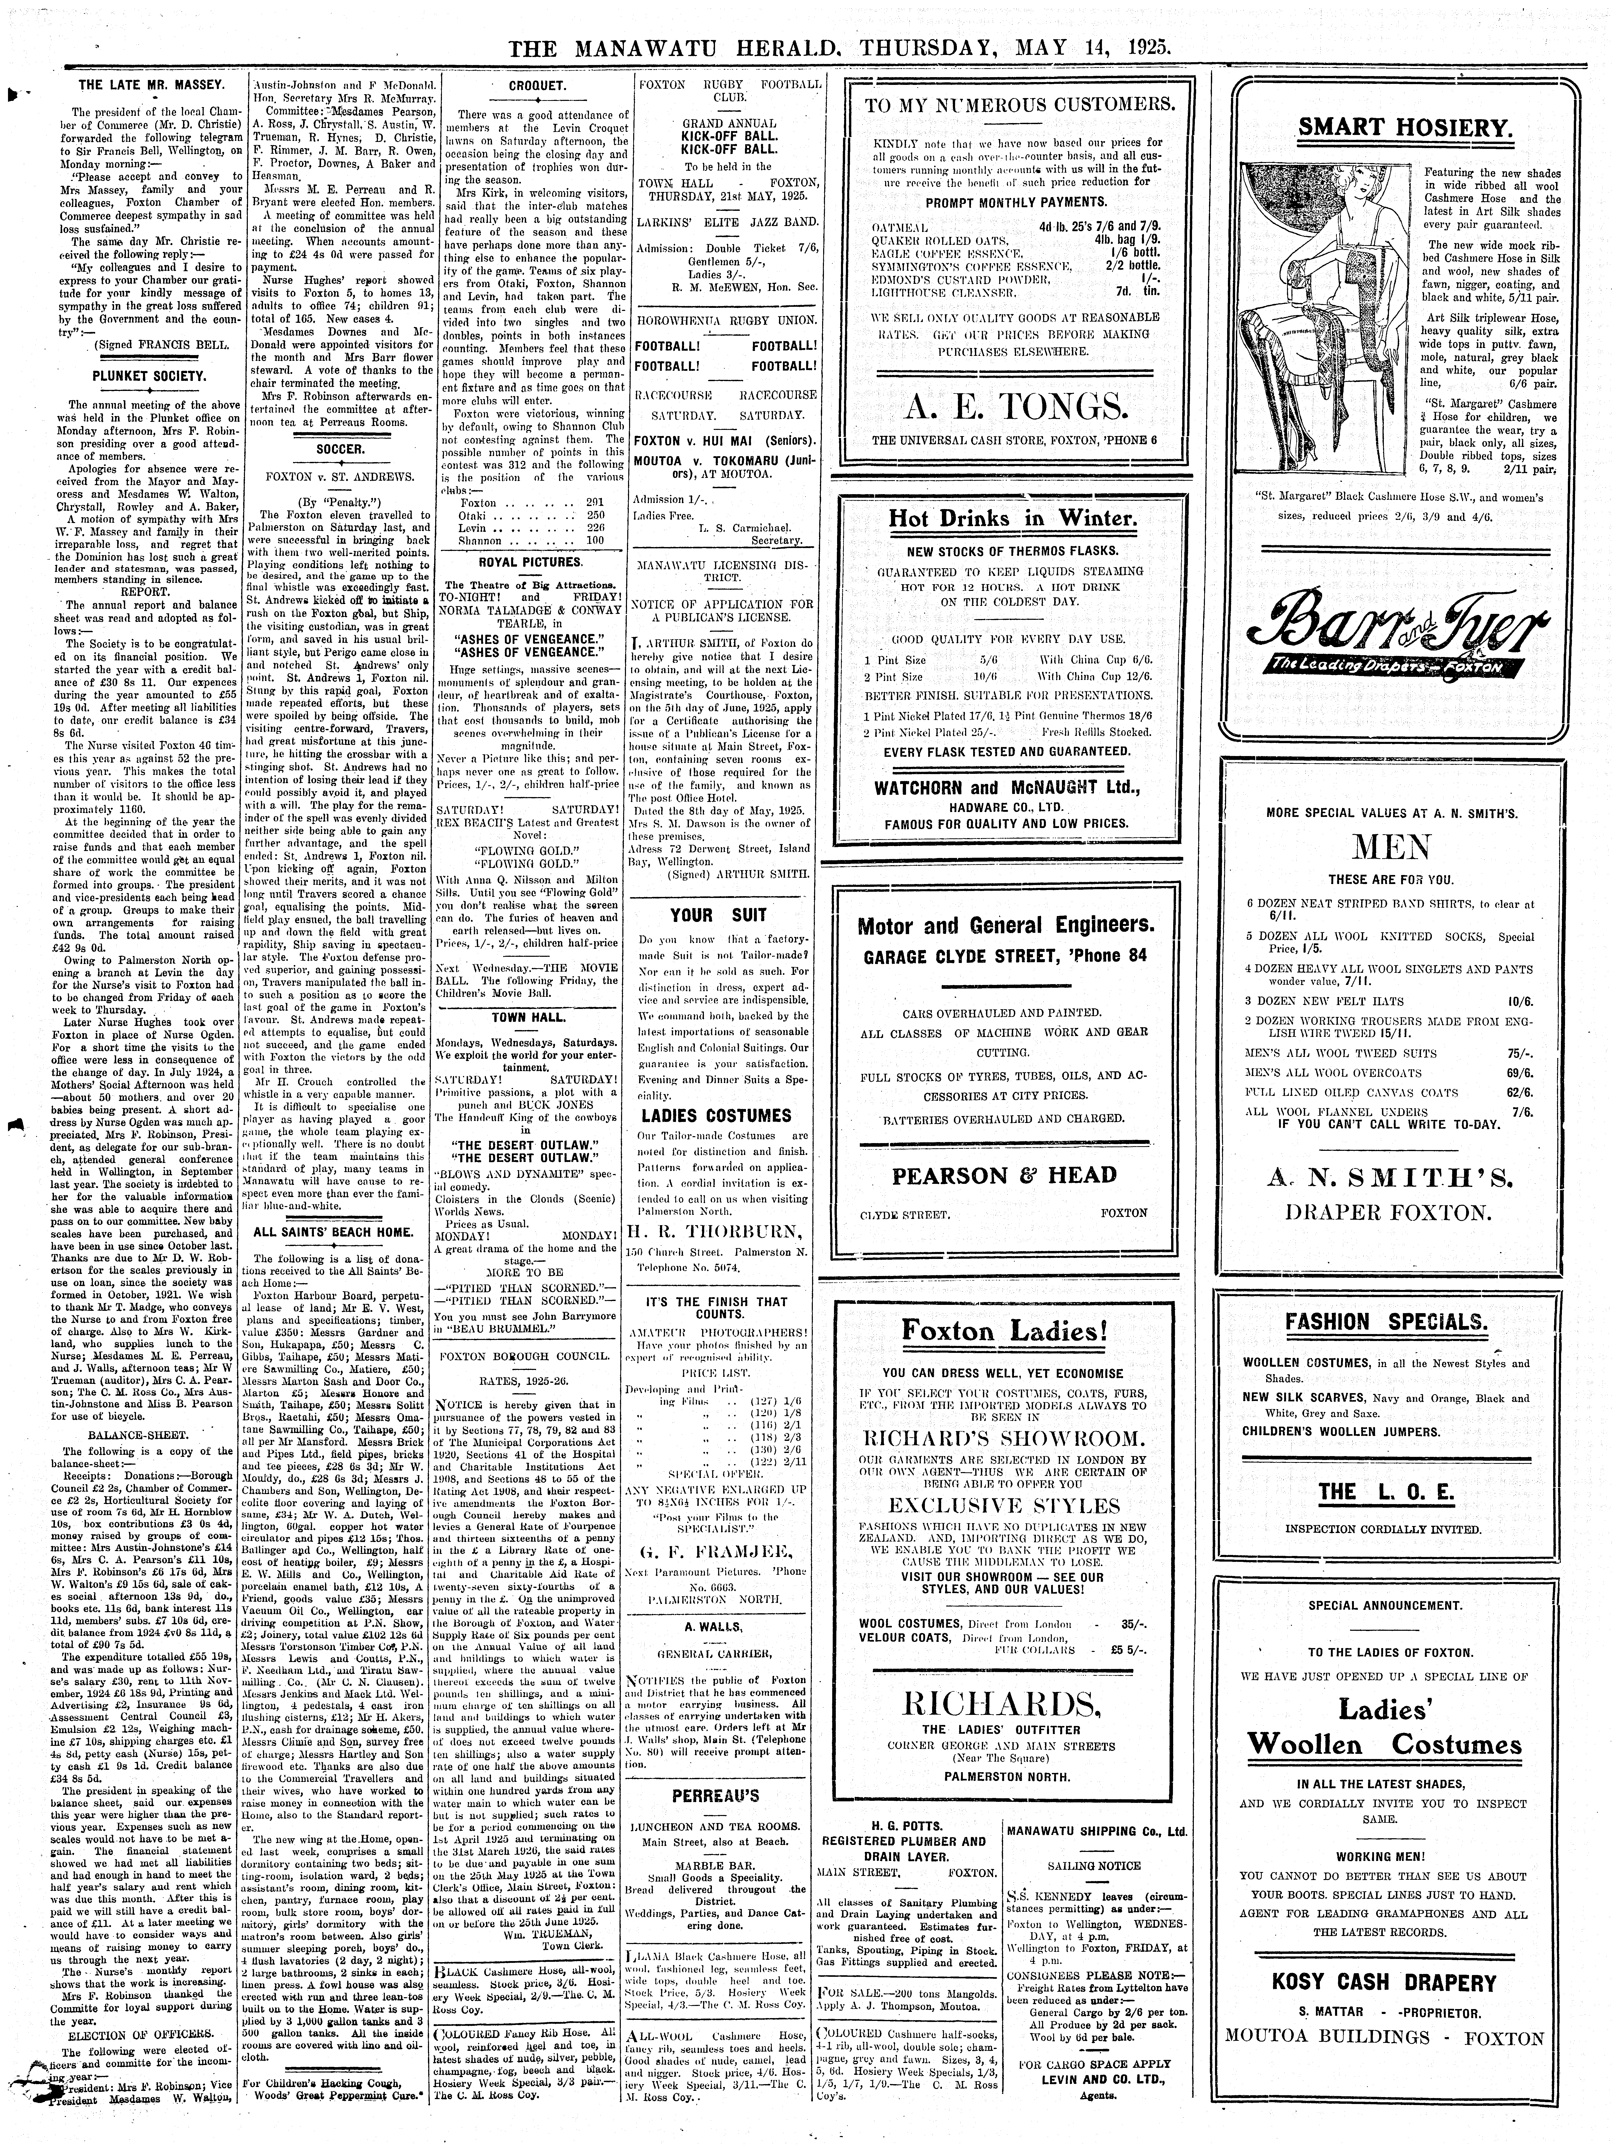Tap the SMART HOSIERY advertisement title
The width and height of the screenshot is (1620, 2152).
[1404, 127]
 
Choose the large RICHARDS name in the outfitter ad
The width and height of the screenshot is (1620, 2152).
[1003, 1704]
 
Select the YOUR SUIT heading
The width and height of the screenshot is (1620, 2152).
[718, 914]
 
